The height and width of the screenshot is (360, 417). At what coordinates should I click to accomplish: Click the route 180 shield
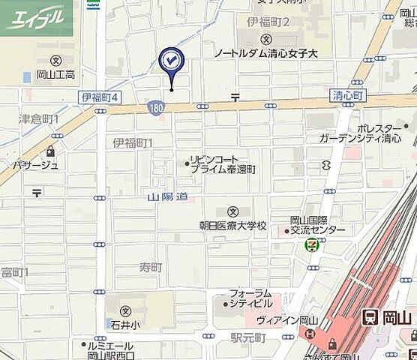pyautogui.click(x=155, y=108)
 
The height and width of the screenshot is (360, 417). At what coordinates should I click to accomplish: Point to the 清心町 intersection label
pyautogui.click(x=346, y=96)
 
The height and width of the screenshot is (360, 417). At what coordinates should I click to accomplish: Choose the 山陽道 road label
pyautogui.click(x=166, y=196)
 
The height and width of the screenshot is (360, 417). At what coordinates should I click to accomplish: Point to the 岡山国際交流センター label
pyautogui.click(x=318, y=225)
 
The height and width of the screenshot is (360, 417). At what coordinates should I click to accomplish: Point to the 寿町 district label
pyautogui.click(x=149, y=267)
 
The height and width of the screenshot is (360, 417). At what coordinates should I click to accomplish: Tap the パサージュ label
pyautogui.click(x=35, y=164)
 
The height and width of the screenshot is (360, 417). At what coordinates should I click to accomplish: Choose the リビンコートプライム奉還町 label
pyautogui.click(x=223, y=165)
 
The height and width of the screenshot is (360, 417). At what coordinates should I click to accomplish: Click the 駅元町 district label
pyautogui.click(x=248, y=339)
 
